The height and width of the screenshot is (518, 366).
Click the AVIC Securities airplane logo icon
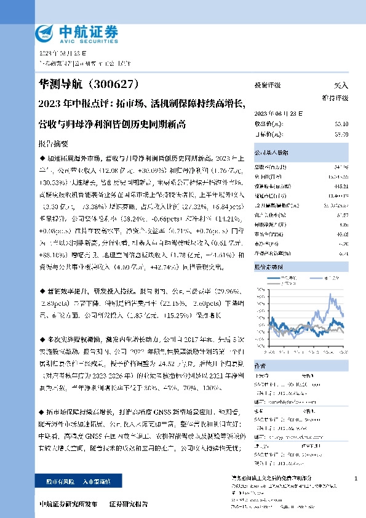tap(46, 32)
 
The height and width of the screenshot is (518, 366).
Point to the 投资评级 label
tap(268, 86)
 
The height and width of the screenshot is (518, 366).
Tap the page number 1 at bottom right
tap(356, 479)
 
